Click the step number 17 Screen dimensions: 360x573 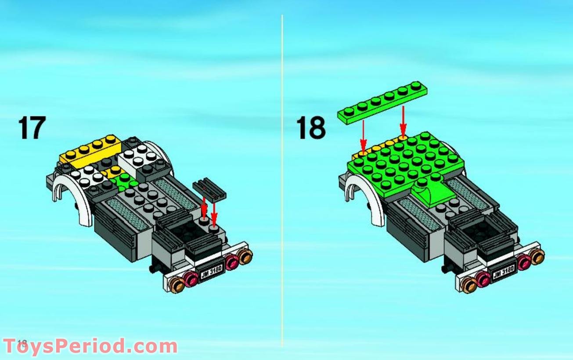click(x=32, y=128)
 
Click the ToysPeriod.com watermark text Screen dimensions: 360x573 click(x=90, y=346)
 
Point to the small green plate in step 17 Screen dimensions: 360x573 click(x=123, y=180)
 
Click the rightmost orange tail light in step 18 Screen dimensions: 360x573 click(x=537, y=256)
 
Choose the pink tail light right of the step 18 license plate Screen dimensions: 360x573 click(x=523, y=263)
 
